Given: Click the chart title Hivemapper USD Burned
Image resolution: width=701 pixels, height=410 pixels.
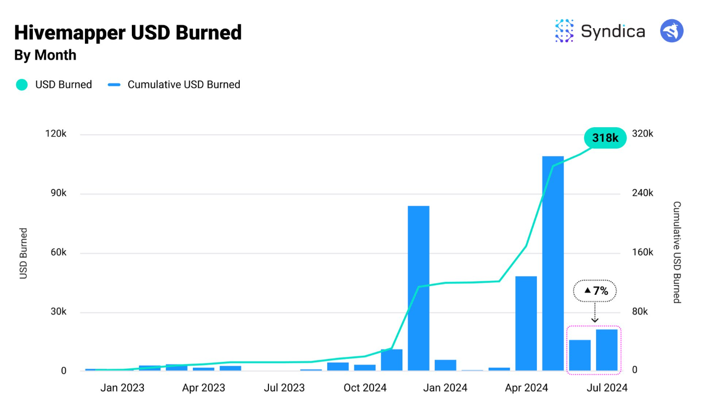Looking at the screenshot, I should click(x=128, y=33).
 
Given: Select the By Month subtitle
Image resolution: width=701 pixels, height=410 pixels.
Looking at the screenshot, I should click(x=45, y=55).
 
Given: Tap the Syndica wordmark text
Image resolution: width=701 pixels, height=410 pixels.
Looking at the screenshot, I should click(x=612, y=31).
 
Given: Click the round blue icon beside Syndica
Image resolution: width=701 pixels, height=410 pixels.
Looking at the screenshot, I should click(x=672, y=31).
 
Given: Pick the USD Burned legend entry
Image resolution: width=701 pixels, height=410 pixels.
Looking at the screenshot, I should click(x=54, y=84).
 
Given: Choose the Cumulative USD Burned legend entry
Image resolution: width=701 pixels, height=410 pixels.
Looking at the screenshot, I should click(x=174, y=84).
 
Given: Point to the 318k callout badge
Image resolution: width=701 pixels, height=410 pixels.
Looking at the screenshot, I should click(x=605, y=138).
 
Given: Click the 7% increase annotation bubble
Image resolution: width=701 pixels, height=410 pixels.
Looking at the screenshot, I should click(x=595, y=291).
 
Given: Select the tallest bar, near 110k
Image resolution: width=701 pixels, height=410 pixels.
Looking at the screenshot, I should click(x=552, y=263).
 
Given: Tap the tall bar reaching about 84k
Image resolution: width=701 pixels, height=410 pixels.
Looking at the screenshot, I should click(x=419, y=288).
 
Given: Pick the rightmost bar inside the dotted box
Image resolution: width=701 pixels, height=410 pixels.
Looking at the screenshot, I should click(x=607, y=350).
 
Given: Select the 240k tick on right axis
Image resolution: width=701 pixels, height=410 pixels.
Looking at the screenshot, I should click(x=642, y=193).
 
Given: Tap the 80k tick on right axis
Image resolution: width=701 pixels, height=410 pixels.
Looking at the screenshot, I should click(x=639, y=312).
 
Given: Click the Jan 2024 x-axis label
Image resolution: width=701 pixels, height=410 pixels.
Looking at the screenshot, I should click(x=446, y=388).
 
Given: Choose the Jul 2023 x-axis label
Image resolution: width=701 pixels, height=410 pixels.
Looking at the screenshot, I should click(x=284, y=388).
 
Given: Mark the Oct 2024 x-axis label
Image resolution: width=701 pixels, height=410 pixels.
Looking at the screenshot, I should click(x=365, y=388).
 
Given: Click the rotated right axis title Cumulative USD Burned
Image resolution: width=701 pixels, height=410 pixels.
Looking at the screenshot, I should click(x=677, y=252).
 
